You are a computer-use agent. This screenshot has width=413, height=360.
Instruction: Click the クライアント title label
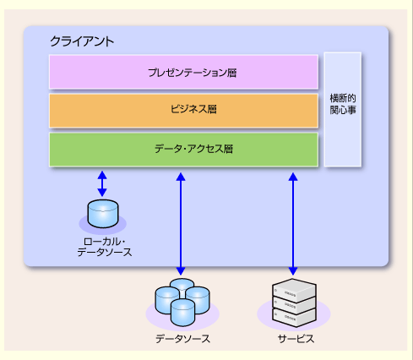pyautogui.click(x=82, y=41)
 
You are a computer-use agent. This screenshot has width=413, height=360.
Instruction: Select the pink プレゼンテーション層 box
pyautogui.click(x=183, y=72)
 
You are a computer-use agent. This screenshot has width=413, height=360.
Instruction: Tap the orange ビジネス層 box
pyautogui.click(x=183, y=111)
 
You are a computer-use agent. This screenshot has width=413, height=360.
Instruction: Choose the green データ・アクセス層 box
pyautogui.click(x=183, y=150)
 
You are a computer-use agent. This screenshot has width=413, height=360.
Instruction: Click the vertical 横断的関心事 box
pyautogui.click(x=343, y=109)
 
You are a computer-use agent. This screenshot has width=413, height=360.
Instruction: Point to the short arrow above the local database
pyautogui.click(x=102, y=183)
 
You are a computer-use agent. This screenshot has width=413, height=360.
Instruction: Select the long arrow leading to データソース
pyautogui.click(x=181, y=224)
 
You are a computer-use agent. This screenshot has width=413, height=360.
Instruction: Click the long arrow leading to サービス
pyautogui.click(x=293, y=224)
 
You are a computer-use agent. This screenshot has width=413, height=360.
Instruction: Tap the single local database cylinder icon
pyautogui.click(x=103, y=214)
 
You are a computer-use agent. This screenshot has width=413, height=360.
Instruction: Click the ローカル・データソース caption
pyautogui.click(x=105, y=247)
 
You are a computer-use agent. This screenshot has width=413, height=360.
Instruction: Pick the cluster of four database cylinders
pyautogui.click(x=182, y=302)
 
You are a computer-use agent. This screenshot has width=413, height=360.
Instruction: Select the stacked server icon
pyautogui.click(x=294, y=303)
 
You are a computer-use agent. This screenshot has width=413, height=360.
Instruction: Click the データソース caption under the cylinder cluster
pyautogui.click(x=182, y=339)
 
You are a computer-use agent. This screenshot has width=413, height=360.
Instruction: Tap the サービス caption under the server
pyautogui.click(x=296, y=339)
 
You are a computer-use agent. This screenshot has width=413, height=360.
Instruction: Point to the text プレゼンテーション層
pyautogui.click(x=193, y=73)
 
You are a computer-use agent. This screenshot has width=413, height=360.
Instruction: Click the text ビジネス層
pyautogui.click(x=193, y=109)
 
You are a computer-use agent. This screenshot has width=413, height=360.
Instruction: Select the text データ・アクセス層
pyautogui.click(x=193, y=149)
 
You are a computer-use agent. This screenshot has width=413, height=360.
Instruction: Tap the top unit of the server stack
pyautogui.click(x=294, y=290)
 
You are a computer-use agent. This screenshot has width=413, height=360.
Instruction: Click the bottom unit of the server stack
pyautogui.click(x=294, y=318)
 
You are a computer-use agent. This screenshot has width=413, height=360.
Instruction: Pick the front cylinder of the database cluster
pyautogui.click(x=182, y=313)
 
